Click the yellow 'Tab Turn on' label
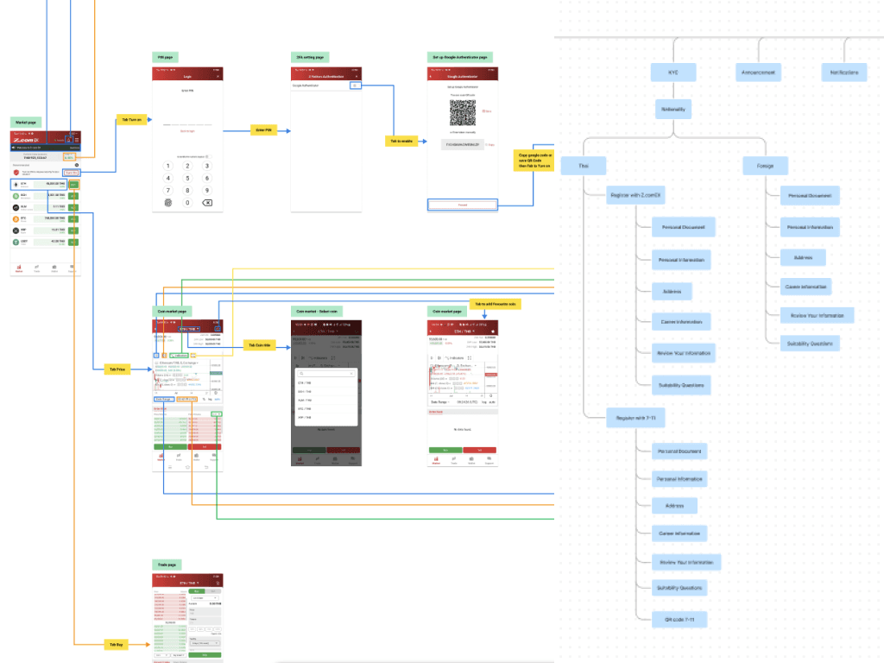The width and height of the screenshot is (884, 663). coord(130,120)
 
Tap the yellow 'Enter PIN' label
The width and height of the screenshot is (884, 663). coord(262,129)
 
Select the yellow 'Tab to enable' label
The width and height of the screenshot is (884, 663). coord(400,140)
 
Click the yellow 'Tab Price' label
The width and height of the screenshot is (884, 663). coord(117,369)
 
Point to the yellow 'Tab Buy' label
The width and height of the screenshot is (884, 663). coord(115,644)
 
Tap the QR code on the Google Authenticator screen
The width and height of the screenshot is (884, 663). coord(463,112)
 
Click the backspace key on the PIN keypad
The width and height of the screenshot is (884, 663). coord(207,203)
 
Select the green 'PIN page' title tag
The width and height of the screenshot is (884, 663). coord(164,57)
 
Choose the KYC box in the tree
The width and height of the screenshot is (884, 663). coord(673,73)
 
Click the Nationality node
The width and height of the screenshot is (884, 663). coord(673,110)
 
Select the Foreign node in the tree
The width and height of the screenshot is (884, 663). coord(765,165)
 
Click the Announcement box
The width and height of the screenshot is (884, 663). coord(759,73)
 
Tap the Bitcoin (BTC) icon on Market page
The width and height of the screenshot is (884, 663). coord(16,219)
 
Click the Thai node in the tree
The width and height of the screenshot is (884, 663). coord(584,165)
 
